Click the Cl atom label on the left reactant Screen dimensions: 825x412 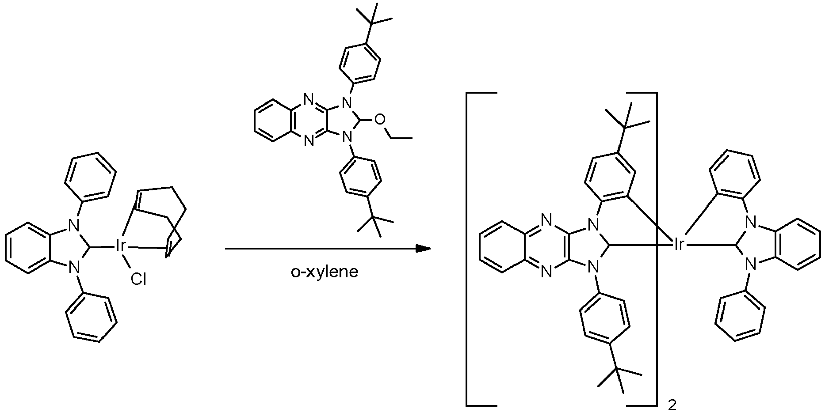pyautogui.click(x=138, y=280)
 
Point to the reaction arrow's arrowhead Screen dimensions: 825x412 pyautogui.click(x=424, y=249)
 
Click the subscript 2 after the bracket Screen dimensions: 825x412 pyautogui.click(x=672, y=405)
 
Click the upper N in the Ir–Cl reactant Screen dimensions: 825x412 pyautogui.click(x=74, y=226)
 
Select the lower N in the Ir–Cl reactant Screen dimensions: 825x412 pyautogui.click(x=74, y=267)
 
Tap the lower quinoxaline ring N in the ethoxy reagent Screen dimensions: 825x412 pyautogui.click(x=309, y=140)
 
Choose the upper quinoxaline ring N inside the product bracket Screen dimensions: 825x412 pyautogui.click(x=547, y=219)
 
